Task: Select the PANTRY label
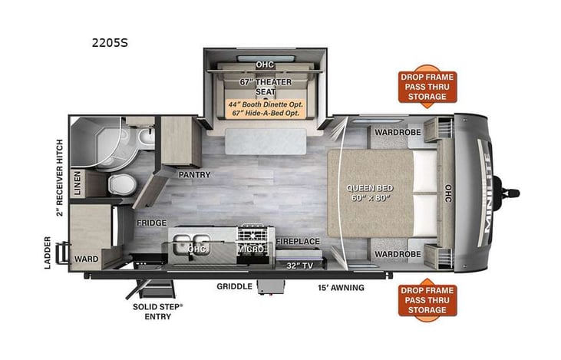[194, 175]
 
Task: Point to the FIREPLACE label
[298, 241]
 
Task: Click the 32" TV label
[301, 266]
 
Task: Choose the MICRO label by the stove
[252, 249]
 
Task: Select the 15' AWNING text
[341, 288]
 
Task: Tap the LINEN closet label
[77, 184]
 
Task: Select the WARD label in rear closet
[86, 259]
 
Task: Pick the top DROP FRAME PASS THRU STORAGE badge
[427, 87]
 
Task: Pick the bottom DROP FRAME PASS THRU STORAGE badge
[427, 300]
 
